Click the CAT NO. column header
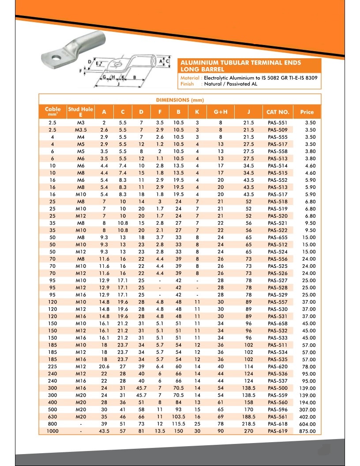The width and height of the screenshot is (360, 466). click(x=278, y=112)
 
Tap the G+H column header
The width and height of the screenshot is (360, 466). click(x=221, y=112)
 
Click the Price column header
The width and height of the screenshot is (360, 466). click(x=307, y=112)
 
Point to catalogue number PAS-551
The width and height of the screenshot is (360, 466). click(x=277, y=123)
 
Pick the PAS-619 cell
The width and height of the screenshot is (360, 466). click(x=277, y=431)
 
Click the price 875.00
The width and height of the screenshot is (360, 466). click(x=307, y=431)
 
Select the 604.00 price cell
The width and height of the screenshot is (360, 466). click(x=307, y=424)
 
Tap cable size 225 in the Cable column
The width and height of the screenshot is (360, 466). click(x=52, y=366)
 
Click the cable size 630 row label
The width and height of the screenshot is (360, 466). click(x=52, y=417)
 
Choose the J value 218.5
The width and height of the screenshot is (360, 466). click(x=248, y=424)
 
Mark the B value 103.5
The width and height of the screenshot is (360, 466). click(x=179, y=417)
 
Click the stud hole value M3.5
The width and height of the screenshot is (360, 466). click(x=81, y=130)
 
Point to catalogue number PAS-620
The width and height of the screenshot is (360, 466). click(x=277, y=366)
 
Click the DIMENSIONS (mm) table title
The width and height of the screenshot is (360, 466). click(x=180, y=100)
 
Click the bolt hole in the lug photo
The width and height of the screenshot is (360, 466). click(x=56, y=56)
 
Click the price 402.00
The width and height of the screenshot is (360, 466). click(x=307, y=417)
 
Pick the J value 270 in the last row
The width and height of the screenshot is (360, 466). click(x=248, y=431)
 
